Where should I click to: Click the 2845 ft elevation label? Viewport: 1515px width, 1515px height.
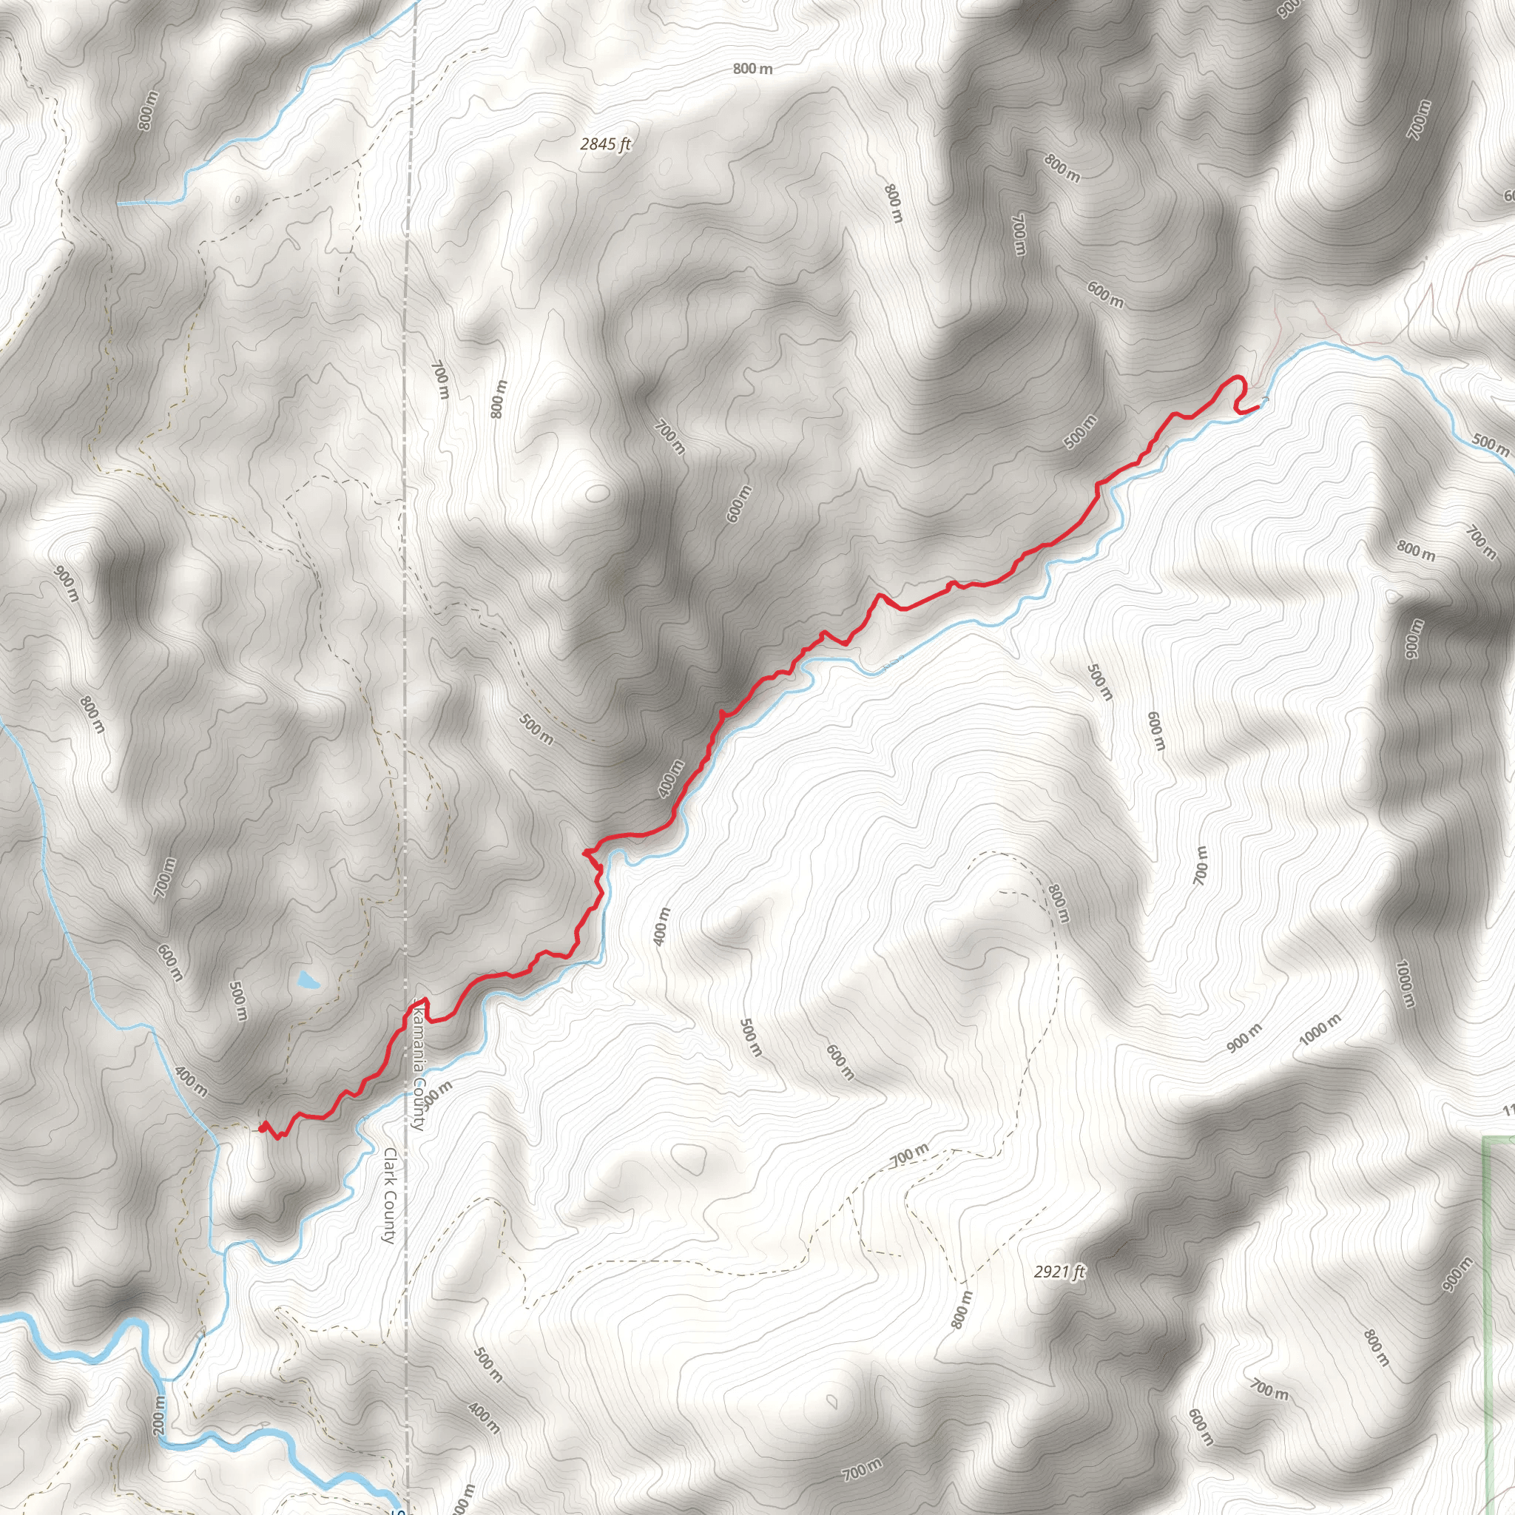click(605, 144)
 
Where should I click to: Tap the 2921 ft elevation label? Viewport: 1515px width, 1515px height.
click(1059, 1272)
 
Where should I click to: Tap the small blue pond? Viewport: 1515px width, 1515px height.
click(308, 980)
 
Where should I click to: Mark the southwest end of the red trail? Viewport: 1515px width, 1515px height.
click(260, 1129)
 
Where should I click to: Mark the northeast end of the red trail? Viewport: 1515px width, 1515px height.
click(1258, 406)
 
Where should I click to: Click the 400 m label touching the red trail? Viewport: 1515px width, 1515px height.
click(670, 779)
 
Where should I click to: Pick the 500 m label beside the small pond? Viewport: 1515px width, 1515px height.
click(239, 1002)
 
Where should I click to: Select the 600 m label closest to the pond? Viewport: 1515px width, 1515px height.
click(169, 963)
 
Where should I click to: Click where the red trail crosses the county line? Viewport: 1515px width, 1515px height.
click(408, 1016)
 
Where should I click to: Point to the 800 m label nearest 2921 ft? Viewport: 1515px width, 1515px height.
click(962, 1309)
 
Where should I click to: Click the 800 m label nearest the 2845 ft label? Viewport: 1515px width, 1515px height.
click(753, 69)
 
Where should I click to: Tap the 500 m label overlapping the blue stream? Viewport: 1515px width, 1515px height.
click(1489, 445)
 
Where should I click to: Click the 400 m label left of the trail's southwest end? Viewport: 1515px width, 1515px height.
click(192, 1082)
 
